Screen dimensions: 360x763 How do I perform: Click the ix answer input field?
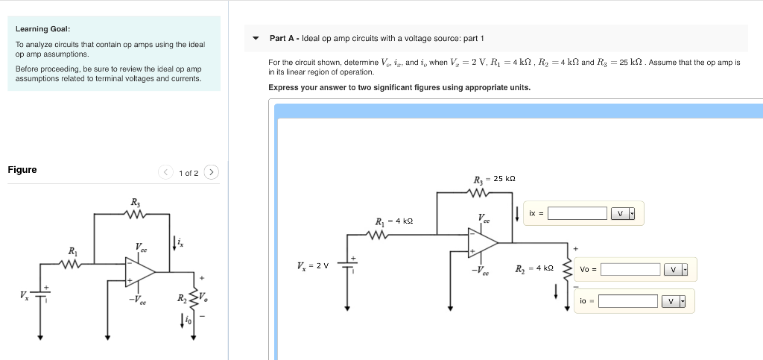tap(577, 214)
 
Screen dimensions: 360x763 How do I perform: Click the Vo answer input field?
tap(630, 269)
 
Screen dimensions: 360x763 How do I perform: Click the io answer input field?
tap(627, 301)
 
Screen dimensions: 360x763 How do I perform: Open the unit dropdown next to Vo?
tap(676, 269)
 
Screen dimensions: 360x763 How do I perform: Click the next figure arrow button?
tap(212, 173)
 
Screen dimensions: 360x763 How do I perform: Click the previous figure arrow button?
tap(166, 173)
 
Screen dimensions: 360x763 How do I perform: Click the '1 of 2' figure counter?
tap(189, 173)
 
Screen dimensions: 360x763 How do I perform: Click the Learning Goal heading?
tap(42, 29)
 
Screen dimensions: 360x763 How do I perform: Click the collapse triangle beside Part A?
tap(256, 38)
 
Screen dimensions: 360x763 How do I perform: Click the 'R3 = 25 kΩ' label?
tap(494, 179)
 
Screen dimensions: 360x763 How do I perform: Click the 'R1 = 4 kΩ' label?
tap(393, 221)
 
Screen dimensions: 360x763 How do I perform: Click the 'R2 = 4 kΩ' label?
tap(534, 268)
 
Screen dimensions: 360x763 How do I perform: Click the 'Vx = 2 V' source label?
tap(312, 266)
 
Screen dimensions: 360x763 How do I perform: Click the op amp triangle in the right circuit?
tap(481, 241)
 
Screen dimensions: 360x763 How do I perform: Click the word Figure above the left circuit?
tap(22, 170)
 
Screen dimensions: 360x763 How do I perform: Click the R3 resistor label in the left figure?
tap(135, 202)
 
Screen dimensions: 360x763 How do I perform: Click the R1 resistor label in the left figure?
tap(72, 250)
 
